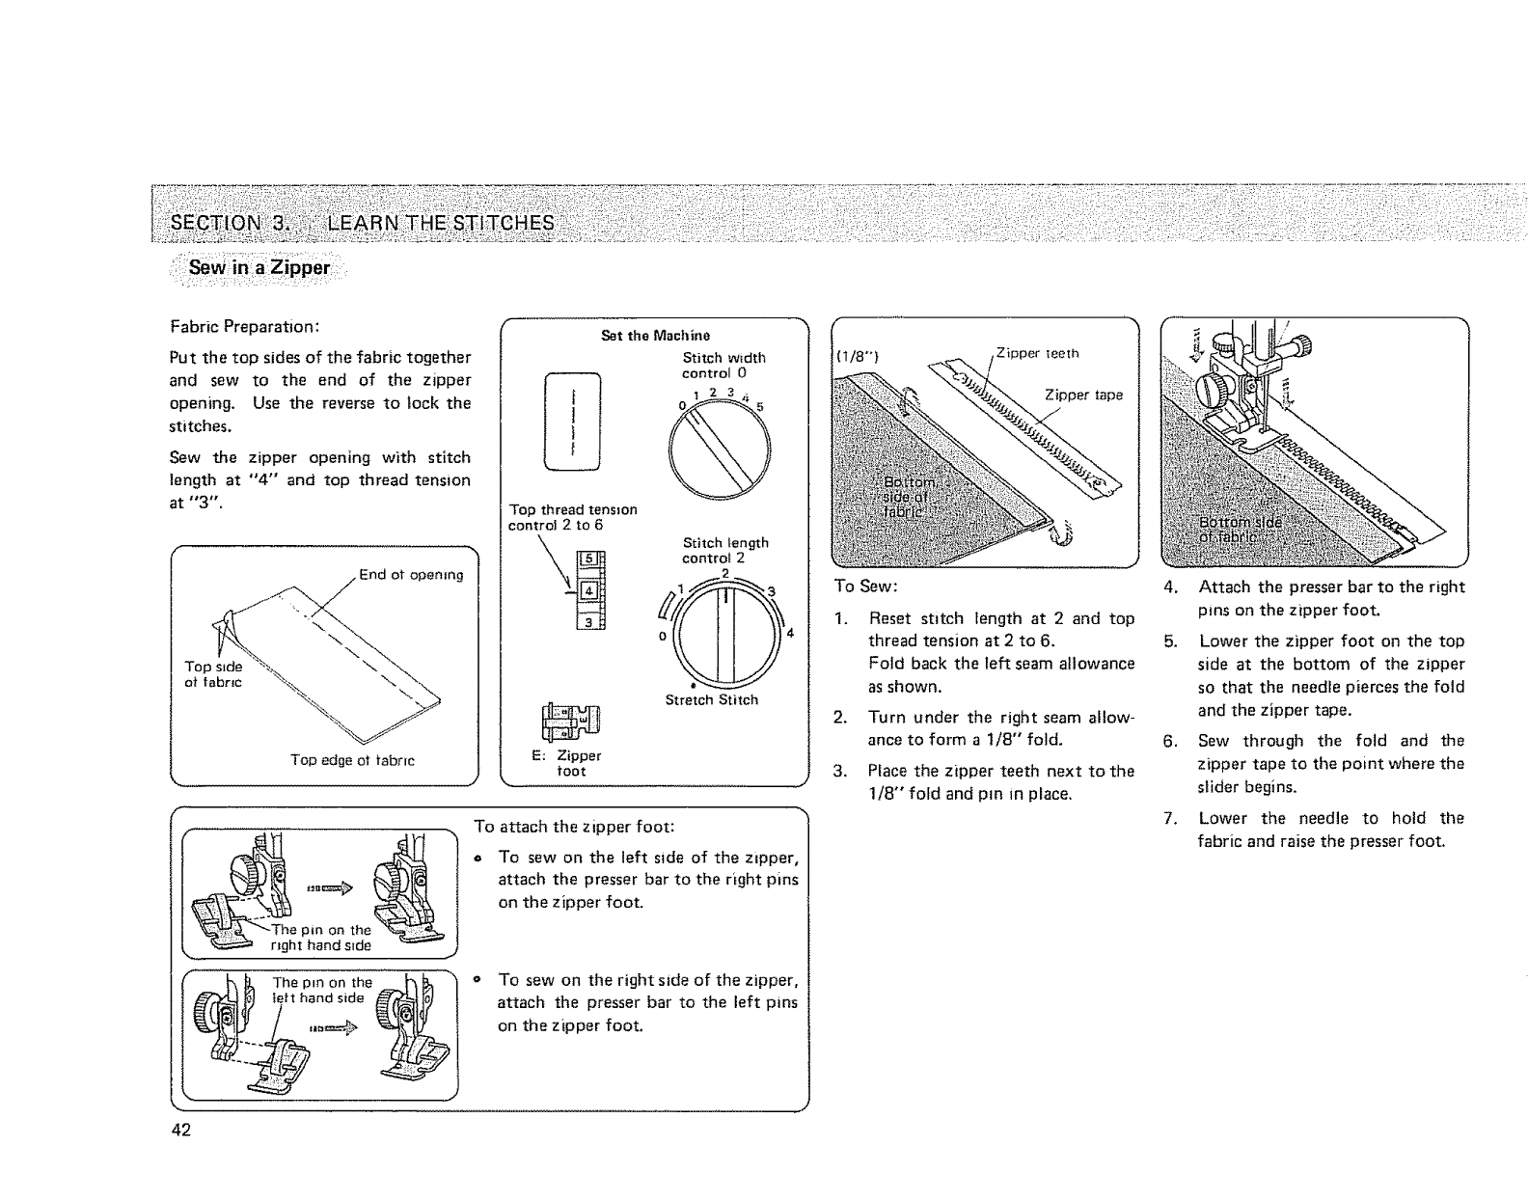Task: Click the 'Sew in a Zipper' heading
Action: click(259, 267)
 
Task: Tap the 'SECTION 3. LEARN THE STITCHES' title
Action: click(362, 224)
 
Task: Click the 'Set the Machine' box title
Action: click(655, 336)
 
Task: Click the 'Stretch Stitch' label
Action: click(712, 700)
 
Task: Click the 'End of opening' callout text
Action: click(411, 576)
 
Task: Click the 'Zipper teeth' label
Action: click(1038, 353)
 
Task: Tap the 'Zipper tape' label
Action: click(1083, 395)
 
